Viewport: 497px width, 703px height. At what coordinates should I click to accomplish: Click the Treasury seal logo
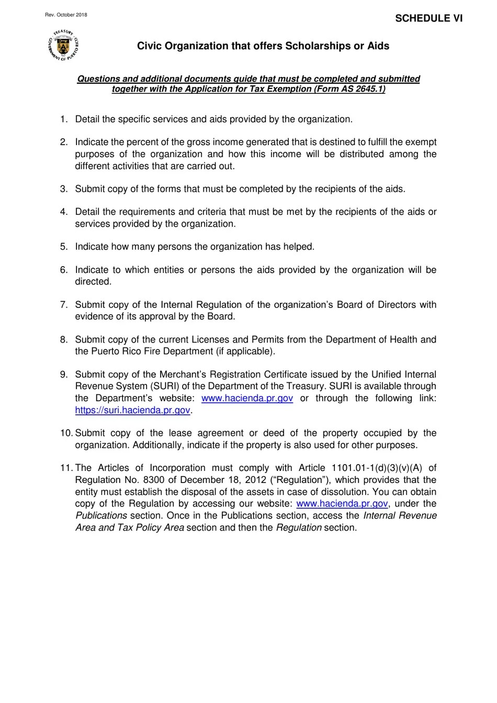63,46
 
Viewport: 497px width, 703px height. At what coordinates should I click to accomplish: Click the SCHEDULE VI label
428,18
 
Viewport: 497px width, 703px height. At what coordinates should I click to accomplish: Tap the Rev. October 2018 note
66,15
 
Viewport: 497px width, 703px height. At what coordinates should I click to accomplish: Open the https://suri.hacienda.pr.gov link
132,410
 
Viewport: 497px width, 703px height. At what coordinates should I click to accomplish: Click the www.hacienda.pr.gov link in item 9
247,398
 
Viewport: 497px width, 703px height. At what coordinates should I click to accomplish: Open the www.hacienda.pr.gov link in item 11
342,503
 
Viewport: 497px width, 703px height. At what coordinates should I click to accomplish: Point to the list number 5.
64,247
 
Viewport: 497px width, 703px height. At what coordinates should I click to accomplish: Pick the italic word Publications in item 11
101,515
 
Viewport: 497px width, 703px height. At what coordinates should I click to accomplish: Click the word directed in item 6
93,282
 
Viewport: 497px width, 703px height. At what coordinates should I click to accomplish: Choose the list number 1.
64,119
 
